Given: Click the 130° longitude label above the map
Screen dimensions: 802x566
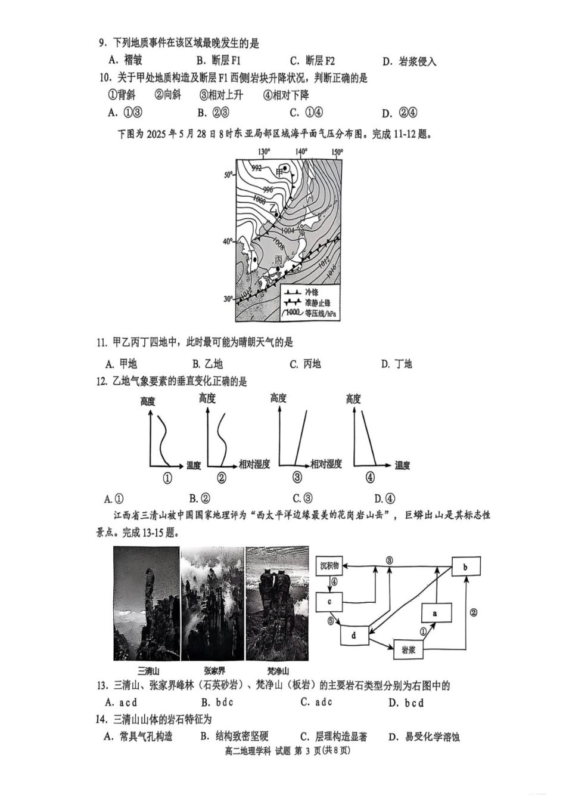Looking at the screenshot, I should coord(264,152).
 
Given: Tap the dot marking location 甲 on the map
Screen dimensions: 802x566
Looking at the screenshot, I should coord(286,169).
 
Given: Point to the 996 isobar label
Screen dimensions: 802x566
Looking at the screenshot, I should coord(268,190).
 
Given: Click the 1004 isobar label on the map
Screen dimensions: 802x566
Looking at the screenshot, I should coord(287,231).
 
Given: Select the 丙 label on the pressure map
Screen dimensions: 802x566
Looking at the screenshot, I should coord(279,260).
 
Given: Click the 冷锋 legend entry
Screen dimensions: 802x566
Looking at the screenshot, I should coord(312,292).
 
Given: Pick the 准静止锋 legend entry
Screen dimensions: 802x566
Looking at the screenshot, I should coord(317,303).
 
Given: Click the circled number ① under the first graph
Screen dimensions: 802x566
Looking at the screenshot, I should coord(167,478).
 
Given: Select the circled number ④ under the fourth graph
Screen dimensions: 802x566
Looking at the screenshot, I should coord(370,478).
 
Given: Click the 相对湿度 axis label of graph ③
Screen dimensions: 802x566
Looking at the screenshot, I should coord(326,464).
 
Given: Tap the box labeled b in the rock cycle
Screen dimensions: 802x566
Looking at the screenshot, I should coord(465,566).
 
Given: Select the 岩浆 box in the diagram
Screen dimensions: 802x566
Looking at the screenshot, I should coord(408,649).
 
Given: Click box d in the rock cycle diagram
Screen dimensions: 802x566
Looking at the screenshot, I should coord(354,636).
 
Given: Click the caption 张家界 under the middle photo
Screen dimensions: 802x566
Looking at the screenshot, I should coord(214,671).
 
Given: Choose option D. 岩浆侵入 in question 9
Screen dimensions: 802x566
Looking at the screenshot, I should coord(409,61).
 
